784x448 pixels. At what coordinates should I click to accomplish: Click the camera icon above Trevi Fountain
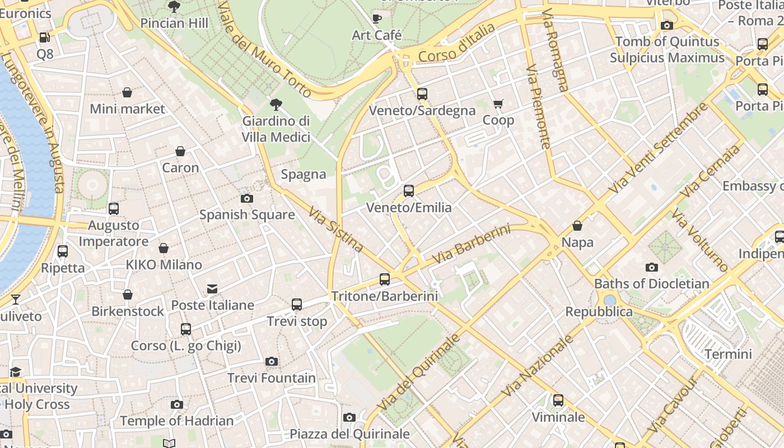tap(272, 362)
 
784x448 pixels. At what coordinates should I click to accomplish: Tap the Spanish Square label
tap(247, 214)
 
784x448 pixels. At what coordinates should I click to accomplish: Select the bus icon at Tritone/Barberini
tap(384, 279)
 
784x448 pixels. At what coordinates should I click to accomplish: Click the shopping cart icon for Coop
tap(498, 104)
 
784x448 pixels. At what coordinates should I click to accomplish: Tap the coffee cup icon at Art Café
tap(377, 19)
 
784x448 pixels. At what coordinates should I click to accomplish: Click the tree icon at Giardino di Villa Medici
tap(276, 104)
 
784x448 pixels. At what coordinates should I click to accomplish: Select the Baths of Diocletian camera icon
tap(651, 268)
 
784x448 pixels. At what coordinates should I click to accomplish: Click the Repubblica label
tap(599, 312)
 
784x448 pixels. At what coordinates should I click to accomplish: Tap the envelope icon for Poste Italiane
tap(212, 289)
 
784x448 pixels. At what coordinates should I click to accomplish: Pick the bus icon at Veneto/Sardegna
tap(422, 94)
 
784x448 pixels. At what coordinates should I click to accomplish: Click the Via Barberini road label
tap(472, 245)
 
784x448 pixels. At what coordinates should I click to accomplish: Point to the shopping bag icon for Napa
tap(577, 226)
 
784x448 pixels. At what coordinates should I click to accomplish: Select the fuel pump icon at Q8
tap(44, 38)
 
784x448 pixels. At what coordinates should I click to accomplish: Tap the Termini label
tap(728, 354)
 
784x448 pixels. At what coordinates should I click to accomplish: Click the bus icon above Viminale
tap(558, 400)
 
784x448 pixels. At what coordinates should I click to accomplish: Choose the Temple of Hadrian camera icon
tap(177, 404)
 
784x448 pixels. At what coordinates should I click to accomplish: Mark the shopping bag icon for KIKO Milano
tap(164, 248)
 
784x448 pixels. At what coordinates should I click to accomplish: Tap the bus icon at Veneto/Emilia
tap(409, 191)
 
